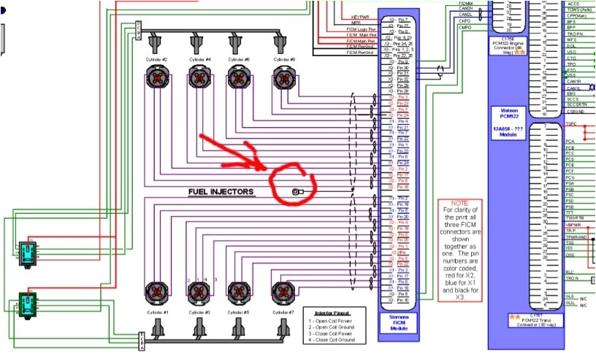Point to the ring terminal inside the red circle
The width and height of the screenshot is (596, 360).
tap(297, 192)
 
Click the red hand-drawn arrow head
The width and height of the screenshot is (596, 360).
tap(260, 164)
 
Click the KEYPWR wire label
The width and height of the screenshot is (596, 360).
tap(361, 15)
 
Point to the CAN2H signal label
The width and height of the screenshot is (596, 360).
tap(465, 9)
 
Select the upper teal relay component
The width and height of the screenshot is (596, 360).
tap(27, 250)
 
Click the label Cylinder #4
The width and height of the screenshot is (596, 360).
tap(200, 58)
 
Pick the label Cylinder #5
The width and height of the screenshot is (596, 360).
tap(242, 312)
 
